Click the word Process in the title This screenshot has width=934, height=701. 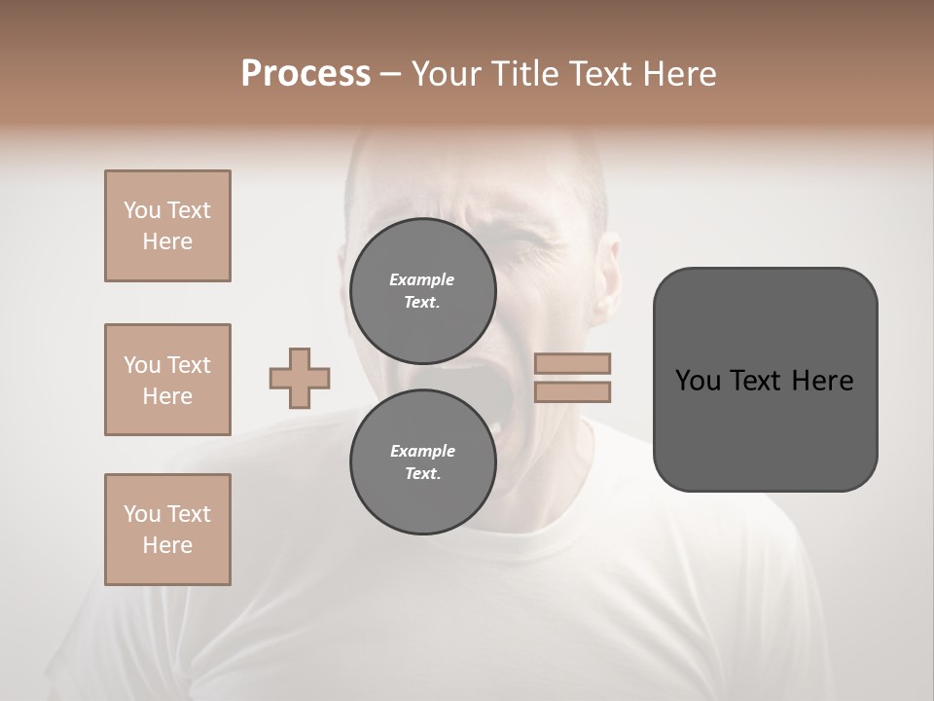pyautogui.click(x=305, y=74)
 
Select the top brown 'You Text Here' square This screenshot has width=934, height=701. pyautogui.click(x=167, y=226)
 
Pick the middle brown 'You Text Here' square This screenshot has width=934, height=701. pyautogui.click(x=167, y=380)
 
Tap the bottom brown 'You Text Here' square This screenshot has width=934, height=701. pyautogui.click(x=167, y=530)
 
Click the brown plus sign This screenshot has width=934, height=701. pyautogui.click(x=300, y=378)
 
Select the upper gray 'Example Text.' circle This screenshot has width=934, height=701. pyautogui.click(x=422, y=290)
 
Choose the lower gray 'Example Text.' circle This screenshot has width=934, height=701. pyautogui.click(x=422, y=461)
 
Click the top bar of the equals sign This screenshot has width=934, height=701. pyautogui.click(x=572, y=364)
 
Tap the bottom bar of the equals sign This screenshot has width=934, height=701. pyautogui.click(x=572, y=391)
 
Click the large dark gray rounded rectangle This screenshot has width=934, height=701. pyautogui.click(x=765, y=380)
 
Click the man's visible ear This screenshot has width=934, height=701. pyautogui.click(x=609, y=268)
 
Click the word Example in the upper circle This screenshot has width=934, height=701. pyautogui.click(x=421, y=279)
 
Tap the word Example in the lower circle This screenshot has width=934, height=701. pyautogui.click(x=422, y=451)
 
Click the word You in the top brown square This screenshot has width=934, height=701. pyautogui.click(x=142, y=210)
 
